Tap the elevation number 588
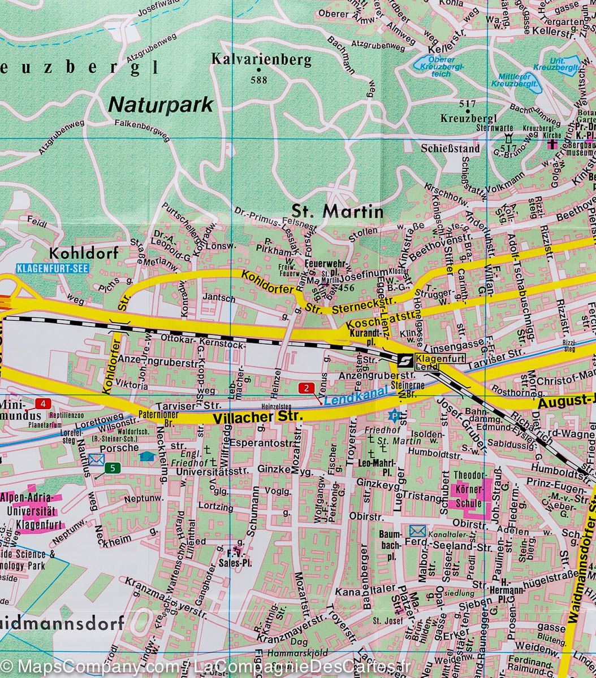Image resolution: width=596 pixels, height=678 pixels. pyautogui.click(x=258, y=80)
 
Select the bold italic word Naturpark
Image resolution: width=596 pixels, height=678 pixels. pyautogui.click(x=161, y=105)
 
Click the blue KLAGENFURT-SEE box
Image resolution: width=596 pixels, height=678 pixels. pyautogui.click(x=53, y=268)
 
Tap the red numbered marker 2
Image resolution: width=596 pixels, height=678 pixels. pyautogui.click(x=306, y=388)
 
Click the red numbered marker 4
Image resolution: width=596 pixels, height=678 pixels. pyautogui.click(x=43, y=403)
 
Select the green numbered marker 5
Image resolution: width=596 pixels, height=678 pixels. pyautogui.click(x=114, y=467)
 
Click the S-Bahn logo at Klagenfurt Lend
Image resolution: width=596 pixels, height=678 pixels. pyautogui.click(x=404, y=360)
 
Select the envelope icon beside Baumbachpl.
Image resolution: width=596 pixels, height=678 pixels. pyautogui.click(x=417, y=531)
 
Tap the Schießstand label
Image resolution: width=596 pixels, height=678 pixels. pyautogui.click(x=458, y=149)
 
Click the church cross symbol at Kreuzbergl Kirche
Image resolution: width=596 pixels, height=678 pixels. pyautogui.click(x=552, y=144)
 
